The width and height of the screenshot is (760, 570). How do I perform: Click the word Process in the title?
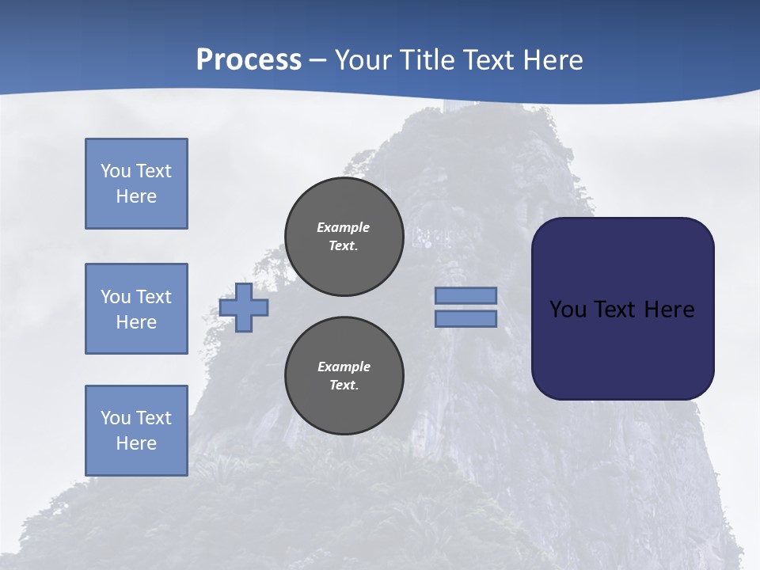coord(249,60)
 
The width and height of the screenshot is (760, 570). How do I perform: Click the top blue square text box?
coord(136,184)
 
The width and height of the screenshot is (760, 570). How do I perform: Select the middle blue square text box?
coord(136,309)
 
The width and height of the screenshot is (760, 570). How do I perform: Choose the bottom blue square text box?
coord(136,431)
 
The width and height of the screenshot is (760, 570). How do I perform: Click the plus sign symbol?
coord(244,308)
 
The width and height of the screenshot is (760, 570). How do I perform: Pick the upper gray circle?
coord(344,237)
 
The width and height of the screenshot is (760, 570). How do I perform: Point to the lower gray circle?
coord(344,376)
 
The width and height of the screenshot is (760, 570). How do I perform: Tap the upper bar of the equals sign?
coord(465,295)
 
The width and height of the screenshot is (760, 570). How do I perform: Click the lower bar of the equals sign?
coord(465,318)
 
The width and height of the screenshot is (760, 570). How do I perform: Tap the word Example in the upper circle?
coord(344,227)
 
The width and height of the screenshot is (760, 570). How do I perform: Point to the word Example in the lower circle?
coord(344,367)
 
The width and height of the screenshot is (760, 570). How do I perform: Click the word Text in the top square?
coord(153,171)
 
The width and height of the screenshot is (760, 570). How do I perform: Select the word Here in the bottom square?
coord(136,443)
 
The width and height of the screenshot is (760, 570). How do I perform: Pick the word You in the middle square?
coord(116,297)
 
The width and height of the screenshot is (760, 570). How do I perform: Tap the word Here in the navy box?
coord(669,310)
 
